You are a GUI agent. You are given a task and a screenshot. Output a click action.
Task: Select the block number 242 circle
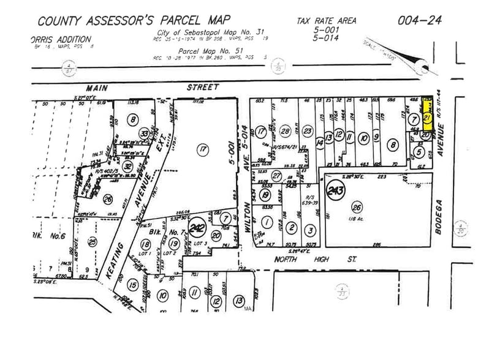[197, 228]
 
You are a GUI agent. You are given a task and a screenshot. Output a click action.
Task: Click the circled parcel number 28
[284, 132]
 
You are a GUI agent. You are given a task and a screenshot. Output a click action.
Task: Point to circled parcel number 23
[308, 132]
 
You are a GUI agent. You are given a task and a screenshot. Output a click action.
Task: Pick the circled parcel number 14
[319, 142]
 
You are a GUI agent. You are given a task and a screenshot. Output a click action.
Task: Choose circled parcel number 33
[145, 133]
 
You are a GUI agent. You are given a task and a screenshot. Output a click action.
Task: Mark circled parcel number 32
[127, 166]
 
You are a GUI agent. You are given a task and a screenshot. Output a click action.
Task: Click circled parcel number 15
[132, 284]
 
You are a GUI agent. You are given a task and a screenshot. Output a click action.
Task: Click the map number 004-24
[418, 20]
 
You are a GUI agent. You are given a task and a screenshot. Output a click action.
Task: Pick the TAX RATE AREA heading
[326, 21]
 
